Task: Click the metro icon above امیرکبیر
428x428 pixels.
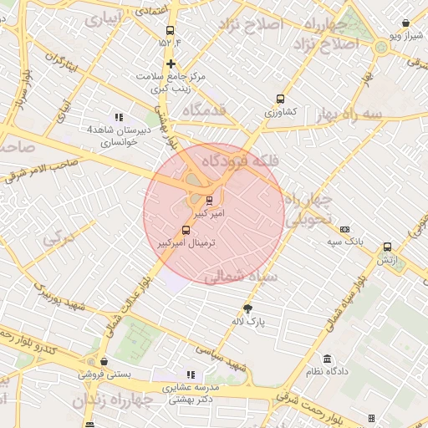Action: click(209, 200)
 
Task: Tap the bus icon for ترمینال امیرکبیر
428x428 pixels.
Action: click(186, 230)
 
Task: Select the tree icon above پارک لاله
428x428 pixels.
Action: click(247, 308)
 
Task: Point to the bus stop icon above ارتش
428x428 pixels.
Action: click(386, 247)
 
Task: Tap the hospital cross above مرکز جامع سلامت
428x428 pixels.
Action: click(171, 64)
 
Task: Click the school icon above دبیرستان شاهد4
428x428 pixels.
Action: click(119, 117)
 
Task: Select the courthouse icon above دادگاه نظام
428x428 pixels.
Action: click(328, 359)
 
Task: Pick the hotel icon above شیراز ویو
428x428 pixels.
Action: click(405, 24)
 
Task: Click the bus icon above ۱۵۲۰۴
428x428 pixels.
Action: click(171, 31)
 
